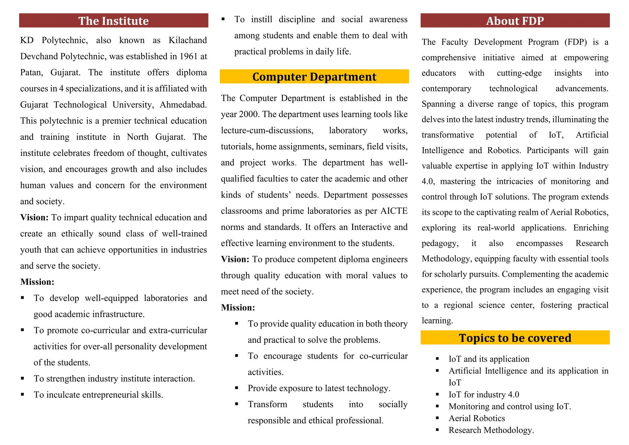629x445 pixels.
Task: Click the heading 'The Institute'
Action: click(113, 21)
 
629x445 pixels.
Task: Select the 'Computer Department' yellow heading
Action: click(314, 77)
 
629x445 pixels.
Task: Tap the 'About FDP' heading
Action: click(515, 21)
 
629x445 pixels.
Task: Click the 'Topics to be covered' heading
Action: click(515, 338)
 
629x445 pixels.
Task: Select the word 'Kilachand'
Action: click(188, 40)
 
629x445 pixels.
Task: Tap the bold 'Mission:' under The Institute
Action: click(37, 282)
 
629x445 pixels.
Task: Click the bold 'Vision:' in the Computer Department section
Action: click(235, 260)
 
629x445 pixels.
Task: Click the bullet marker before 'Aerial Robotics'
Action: click(437, 418)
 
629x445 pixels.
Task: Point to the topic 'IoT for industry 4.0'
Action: click(484, 395)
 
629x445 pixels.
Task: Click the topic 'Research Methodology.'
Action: click(491, 430)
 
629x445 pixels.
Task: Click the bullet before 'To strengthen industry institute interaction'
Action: click(23, 379)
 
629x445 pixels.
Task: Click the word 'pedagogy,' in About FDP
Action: click(440, 243)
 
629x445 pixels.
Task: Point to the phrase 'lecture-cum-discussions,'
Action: click(267, 131)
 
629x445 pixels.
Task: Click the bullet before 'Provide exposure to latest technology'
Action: click(236, 388)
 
